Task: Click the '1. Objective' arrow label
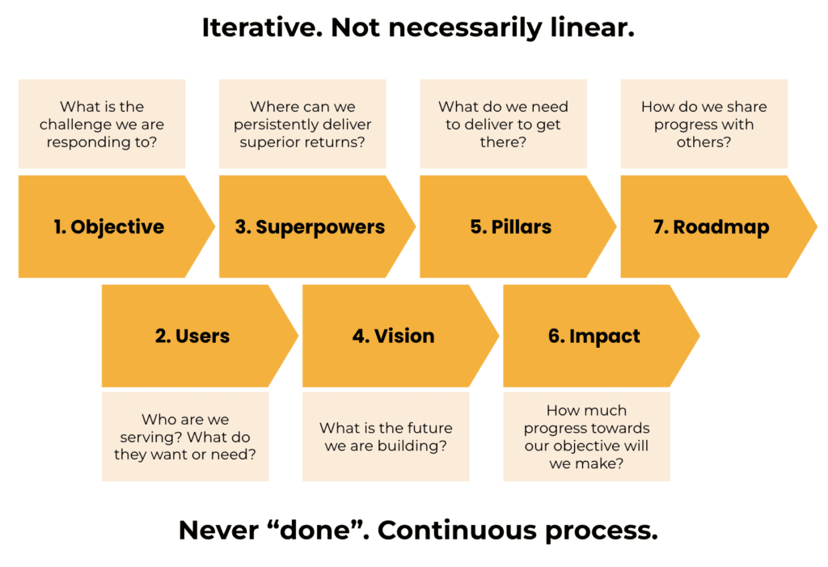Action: coord(109,226)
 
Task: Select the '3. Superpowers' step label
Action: coord(310,227)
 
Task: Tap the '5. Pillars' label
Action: coord(511,226)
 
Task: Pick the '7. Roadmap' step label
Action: coord(712,227)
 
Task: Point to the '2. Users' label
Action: coord(192,336)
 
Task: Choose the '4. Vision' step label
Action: coord(394,336)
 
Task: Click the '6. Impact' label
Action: coord(594,336)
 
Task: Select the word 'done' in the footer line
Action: coord(316,530)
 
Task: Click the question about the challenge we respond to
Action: coord(102,125)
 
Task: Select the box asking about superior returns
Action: coord(302,125)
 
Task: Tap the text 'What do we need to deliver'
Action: coord(503,115)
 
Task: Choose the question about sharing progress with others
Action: coord(704,125)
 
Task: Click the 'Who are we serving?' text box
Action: coord(185,437)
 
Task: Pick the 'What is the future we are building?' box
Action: coord(386,437)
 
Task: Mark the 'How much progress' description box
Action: coord(587,437)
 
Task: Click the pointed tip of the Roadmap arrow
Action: coord(817,226)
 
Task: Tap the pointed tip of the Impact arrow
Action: coord(699,336)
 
